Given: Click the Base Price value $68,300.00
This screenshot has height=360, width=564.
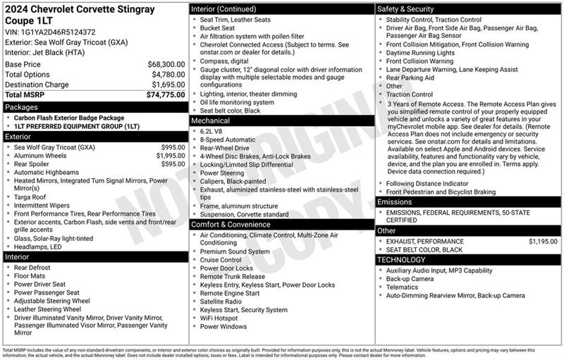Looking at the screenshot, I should pyautogui.click(x=166, y=64).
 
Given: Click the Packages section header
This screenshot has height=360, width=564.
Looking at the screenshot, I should pyautogui.click(x=22, y=107).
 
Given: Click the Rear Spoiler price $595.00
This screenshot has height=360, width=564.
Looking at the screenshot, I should pyautogui.click(x=173, y=164).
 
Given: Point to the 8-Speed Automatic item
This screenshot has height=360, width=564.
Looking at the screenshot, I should pyautogui.click(x=227, y=139).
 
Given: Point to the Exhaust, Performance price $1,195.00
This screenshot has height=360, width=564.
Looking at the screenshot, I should pyautogui.click(x=547, y=241).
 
